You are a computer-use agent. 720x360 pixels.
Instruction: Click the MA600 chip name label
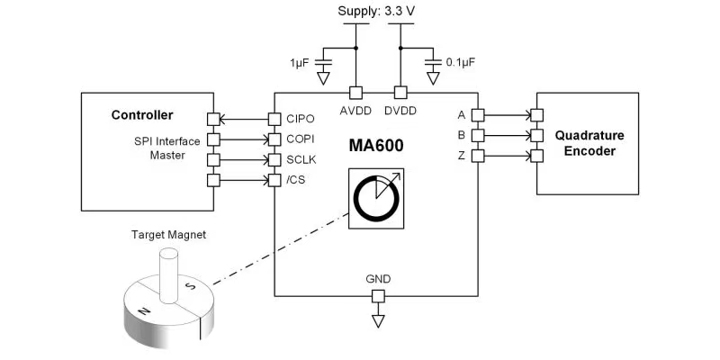click(377, 144)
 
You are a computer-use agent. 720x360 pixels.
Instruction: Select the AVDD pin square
click(355, 93)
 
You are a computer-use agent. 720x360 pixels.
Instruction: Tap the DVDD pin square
click(400, 93)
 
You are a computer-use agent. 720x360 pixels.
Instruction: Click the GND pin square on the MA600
click(378, 296)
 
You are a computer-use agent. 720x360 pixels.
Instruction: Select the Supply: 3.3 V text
click(377, 11)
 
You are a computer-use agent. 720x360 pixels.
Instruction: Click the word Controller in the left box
click(142, 115)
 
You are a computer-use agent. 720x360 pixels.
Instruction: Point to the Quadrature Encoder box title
click(589, 143)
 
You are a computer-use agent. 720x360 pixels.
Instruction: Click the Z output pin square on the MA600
click(478, 157)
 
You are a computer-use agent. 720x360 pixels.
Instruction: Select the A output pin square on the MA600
click(478, 115)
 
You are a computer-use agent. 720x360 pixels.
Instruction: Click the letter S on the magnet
click(189, 287)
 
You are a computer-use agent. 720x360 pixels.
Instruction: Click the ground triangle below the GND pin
click(378, 320)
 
